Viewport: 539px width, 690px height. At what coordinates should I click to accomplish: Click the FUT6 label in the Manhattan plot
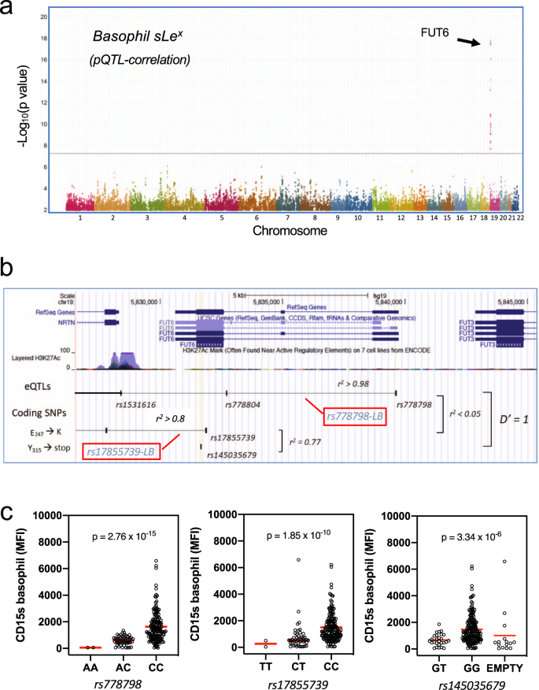pyautogui.click(x=435, y=31)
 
